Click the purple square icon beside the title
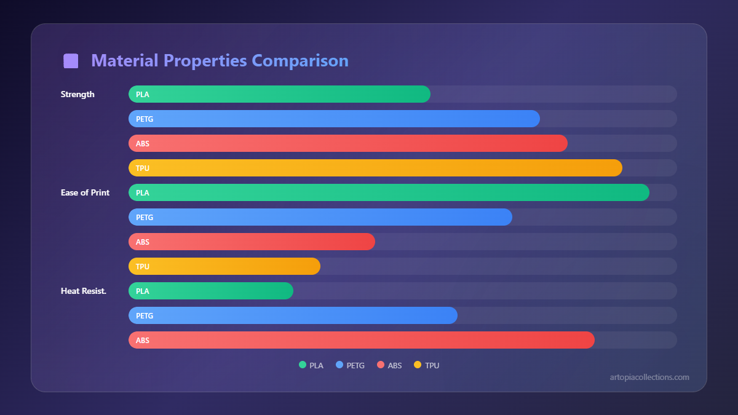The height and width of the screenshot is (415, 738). [71, 61]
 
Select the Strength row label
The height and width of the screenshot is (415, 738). [77, 94]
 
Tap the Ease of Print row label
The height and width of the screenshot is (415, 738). [85, 192]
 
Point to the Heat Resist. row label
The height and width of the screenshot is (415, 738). [84, 291]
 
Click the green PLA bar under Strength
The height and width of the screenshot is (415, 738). [279, 94]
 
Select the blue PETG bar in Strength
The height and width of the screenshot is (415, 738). [334, 119]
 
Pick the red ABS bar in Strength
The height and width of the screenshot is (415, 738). [347, 143]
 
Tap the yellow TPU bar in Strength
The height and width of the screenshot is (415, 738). [375, 168]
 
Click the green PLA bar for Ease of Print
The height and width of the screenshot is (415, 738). [389, 192]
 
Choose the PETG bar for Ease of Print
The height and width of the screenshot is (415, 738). [320, 217]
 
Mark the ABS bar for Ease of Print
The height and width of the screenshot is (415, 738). [252, 242]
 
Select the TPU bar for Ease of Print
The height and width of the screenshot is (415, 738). [224, 266]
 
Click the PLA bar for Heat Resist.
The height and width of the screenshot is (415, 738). [211, 291]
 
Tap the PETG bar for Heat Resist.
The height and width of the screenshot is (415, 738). [293, 315]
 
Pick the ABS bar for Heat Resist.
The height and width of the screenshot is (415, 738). [362, 340]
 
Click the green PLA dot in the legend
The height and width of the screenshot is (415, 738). [303, 365]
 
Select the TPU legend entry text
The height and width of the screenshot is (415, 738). [432, 365]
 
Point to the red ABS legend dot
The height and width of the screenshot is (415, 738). [381, 365]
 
